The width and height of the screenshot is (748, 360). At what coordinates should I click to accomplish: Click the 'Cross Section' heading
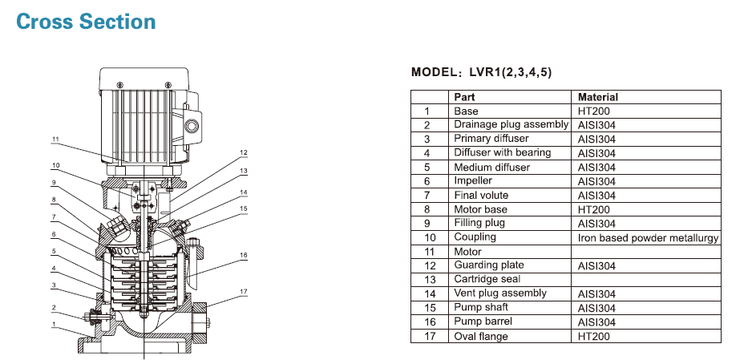(x=86, y=22)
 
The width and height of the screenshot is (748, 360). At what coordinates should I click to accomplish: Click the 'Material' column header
(x=598, y=96)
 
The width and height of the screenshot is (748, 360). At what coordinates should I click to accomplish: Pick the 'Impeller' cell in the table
(x=473, y=181)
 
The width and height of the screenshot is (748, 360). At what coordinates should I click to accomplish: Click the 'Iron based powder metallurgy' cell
(x=648, y=237)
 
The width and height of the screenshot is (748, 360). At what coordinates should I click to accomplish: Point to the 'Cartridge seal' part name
(x=487, y=279)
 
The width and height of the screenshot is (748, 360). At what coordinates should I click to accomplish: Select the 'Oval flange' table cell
(x=480, y=336)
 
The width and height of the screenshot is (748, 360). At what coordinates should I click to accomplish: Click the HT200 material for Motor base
(x=593, y=209)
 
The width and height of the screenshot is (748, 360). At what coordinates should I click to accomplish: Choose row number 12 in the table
(x=427, y=265)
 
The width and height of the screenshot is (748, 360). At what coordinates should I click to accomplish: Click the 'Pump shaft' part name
(x=483, y=307)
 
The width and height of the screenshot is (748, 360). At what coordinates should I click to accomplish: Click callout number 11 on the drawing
(x=55, y=140)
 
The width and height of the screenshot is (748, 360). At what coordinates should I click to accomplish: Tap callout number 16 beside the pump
(x=243, y=255)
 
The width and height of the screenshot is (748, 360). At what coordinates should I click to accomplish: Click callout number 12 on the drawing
(x=243, y=152)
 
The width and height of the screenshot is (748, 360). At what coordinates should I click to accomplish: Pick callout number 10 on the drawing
(x=55, y=166)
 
